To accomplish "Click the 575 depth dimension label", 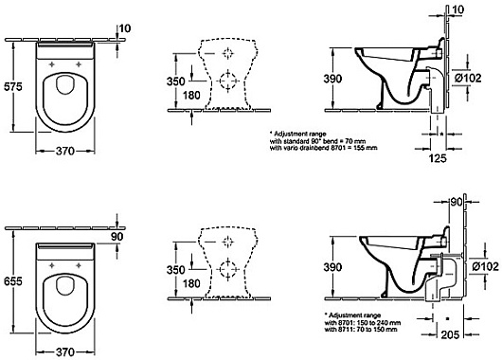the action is click(13, 86).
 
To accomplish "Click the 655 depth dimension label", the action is click(13, 281).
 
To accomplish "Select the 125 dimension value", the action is click(437, 158).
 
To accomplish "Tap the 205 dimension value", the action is click(450, 334).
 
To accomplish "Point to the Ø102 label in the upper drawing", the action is click(468, 78).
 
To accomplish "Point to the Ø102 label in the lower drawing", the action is click(485, 266).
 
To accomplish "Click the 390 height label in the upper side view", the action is click(332, 79).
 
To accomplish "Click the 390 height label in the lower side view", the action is click(332, 267).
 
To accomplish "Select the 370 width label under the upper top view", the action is click(65, 152).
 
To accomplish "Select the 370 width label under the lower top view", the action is click(65, 352).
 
